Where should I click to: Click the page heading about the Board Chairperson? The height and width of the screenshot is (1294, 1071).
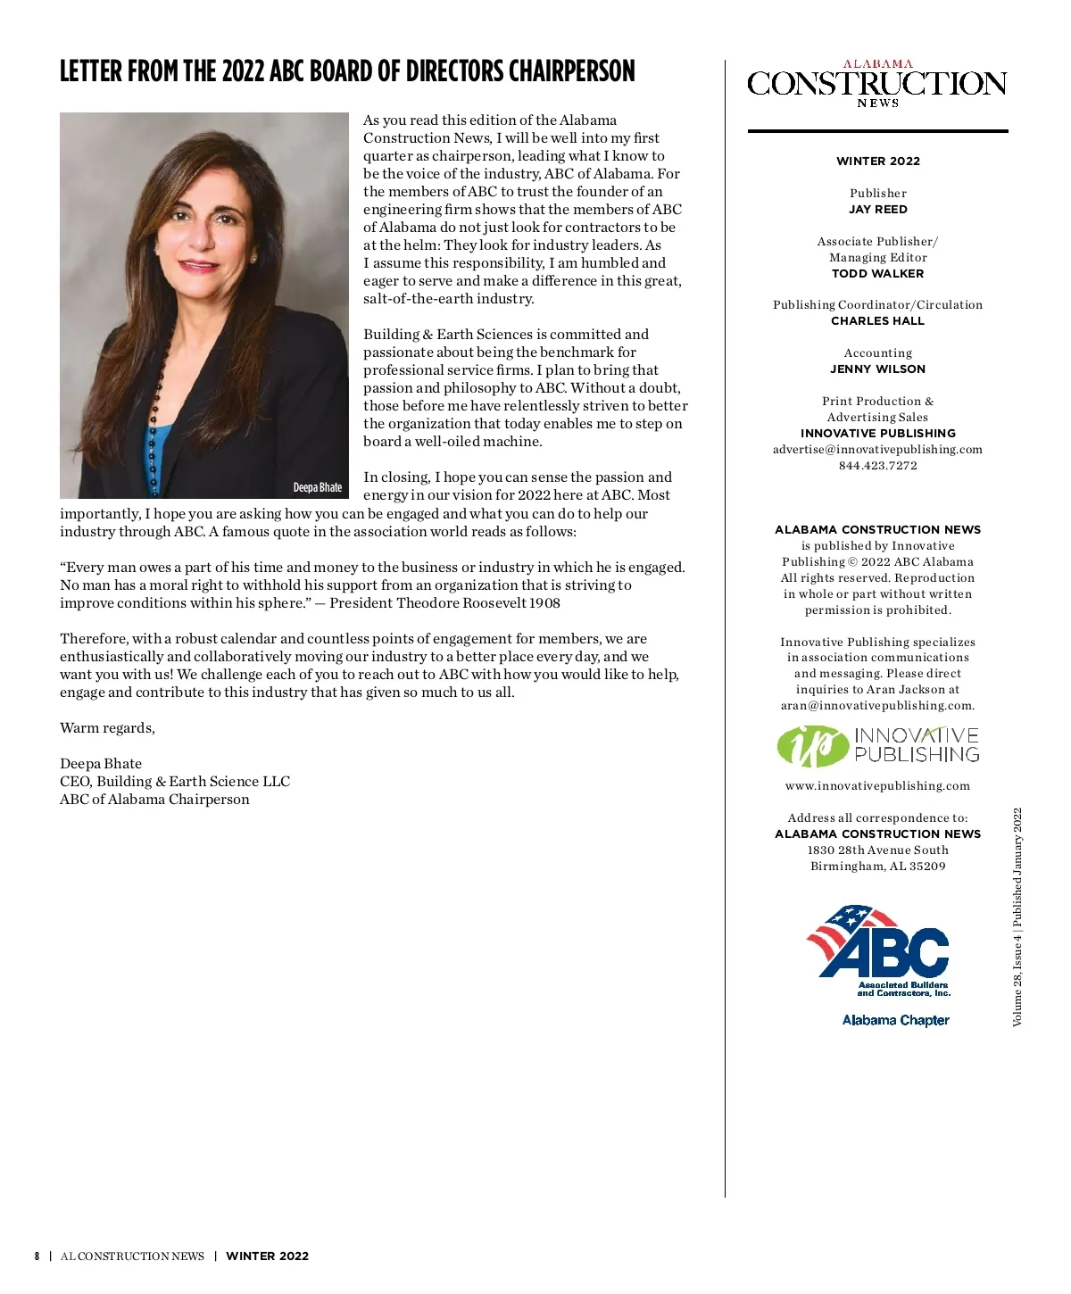[x=347, y=71]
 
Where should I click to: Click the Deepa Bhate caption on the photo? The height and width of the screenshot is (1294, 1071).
[x=317, y=487]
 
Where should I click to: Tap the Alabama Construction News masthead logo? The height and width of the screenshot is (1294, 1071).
[x=877, y=84]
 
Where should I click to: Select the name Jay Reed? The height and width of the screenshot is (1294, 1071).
[x=878, y=210]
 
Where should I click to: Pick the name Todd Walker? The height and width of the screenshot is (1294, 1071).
[x=878, y=274]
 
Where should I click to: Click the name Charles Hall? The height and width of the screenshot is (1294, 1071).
[x=878, y=321]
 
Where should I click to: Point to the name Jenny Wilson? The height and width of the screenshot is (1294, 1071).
[x=878, y=369]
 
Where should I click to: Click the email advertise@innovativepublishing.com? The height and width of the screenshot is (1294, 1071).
[x=878, y=450]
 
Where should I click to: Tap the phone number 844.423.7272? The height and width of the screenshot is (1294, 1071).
[x=878, y=466]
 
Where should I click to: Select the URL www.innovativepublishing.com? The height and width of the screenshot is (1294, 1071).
[x=878, y=786]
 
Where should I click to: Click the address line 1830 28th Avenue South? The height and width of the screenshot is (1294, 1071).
[x=878, y=850]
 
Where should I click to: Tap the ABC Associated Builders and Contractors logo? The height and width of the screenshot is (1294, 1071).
[x=879, y=950]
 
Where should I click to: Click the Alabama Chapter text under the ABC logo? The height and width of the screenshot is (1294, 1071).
[x=896, y=1020]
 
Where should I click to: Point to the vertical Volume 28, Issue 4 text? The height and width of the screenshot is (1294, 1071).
[x=1017, y=917]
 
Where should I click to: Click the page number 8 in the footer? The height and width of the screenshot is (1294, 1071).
[x=37, y=1257]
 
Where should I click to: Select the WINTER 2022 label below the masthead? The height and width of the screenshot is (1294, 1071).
[x=878, y=162]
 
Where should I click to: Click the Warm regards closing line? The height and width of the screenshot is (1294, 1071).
[x=107, y=728]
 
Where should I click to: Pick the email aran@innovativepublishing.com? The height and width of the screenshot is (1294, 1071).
[x=877, y=706]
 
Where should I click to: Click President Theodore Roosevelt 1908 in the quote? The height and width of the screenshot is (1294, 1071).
[x=444, y=603]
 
